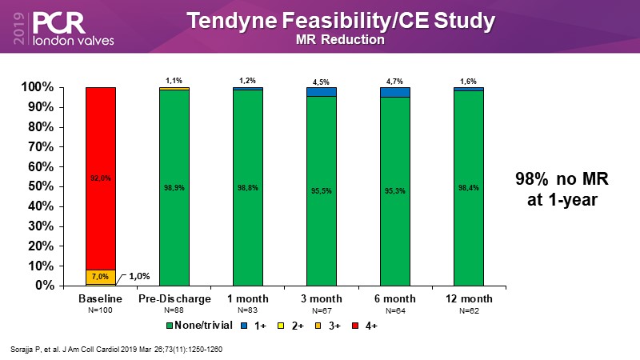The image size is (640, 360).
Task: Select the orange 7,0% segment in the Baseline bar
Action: pyautogui.click(x=100, y=277)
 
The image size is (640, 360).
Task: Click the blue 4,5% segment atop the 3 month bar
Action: pyautogui.click(x=322, y=91)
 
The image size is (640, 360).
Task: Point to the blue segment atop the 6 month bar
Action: pyautogui.click(x=395, y=92)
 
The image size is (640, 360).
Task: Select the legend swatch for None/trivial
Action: pyautogui.click(x=168, y=326)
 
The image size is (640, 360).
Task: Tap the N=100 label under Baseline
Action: pyautogui.click(x=100, y=310)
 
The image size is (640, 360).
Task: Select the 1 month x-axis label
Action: pyautogui.click(x=248, y=299)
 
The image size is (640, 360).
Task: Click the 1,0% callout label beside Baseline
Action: pyautogui.click(x=141, y=277)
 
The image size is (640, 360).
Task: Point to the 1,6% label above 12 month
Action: pyautogui.click(x=469, y=80)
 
